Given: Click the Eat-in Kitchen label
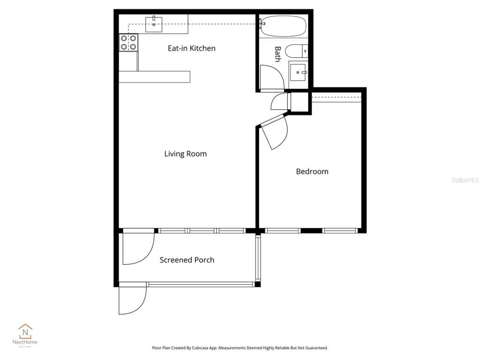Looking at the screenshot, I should [192, 48].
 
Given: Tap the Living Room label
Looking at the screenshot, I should [185, 154].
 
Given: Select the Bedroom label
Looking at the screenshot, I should [312, 172].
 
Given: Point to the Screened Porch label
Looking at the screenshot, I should [187, 260].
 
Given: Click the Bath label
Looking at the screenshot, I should [277, 54].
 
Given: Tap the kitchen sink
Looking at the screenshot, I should [154, 24].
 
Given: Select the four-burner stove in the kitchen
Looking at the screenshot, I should [128, 43].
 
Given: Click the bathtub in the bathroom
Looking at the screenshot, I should [283, 26].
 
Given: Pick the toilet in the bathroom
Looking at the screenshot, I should [296, 51].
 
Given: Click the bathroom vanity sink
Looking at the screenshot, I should [298, 73].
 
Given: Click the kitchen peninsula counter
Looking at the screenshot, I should [154, 77].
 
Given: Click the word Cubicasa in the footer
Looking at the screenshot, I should [208, 348].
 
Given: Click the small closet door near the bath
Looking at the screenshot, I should [280, 101].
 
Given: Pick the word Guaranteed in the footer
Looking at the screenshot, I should [315, 348].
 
